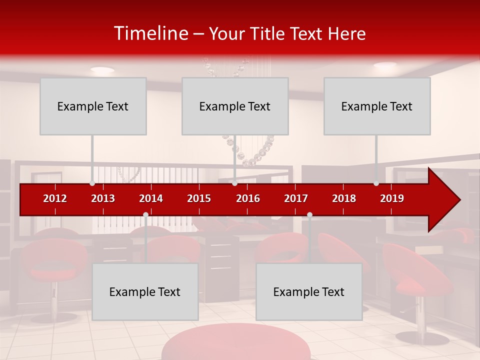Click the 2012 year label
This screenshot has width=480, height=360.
[x=55, y=198]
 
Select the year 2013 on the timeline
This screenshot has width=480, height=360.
[x=103, y=198]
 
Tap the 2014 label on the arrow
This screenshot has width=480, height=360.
[x=151, y=198]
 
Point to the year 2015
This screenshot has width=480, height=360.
[x=199, y=198]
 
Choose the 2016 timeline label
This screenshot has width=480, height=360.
[x=248, y=198]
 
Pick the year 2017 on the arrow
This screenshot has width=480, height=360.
[x=296, y=198]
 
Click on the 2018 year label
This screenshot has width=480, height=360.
[x=344, y=198]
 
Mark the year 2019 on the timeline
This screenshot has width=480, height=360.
[x=392, y=198]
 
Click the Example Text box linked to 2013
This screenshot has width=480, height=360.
[x=93, y=106]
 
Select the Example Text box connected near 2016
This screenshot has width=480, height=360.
[x=235, y=106]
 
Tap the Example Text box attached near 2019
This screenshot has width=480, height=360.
[x=377, y=106]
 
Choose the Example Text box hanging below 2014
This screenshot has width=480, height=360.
[x=145, y=291]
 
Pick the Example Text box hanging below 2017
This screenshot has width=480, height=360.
[x=309, y=291]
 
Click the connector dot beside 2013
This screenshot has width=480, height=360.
[x=92, y=183]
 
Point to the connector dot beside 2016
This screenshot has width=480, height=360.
[x=234, y=183]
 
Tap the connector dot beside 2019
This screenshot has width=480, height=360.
[x=376, y=183]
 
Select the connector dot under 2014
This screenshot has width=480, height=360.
[x=145, y=215]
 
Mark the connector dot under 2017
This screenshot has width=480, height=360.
[x=309, y=215]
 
